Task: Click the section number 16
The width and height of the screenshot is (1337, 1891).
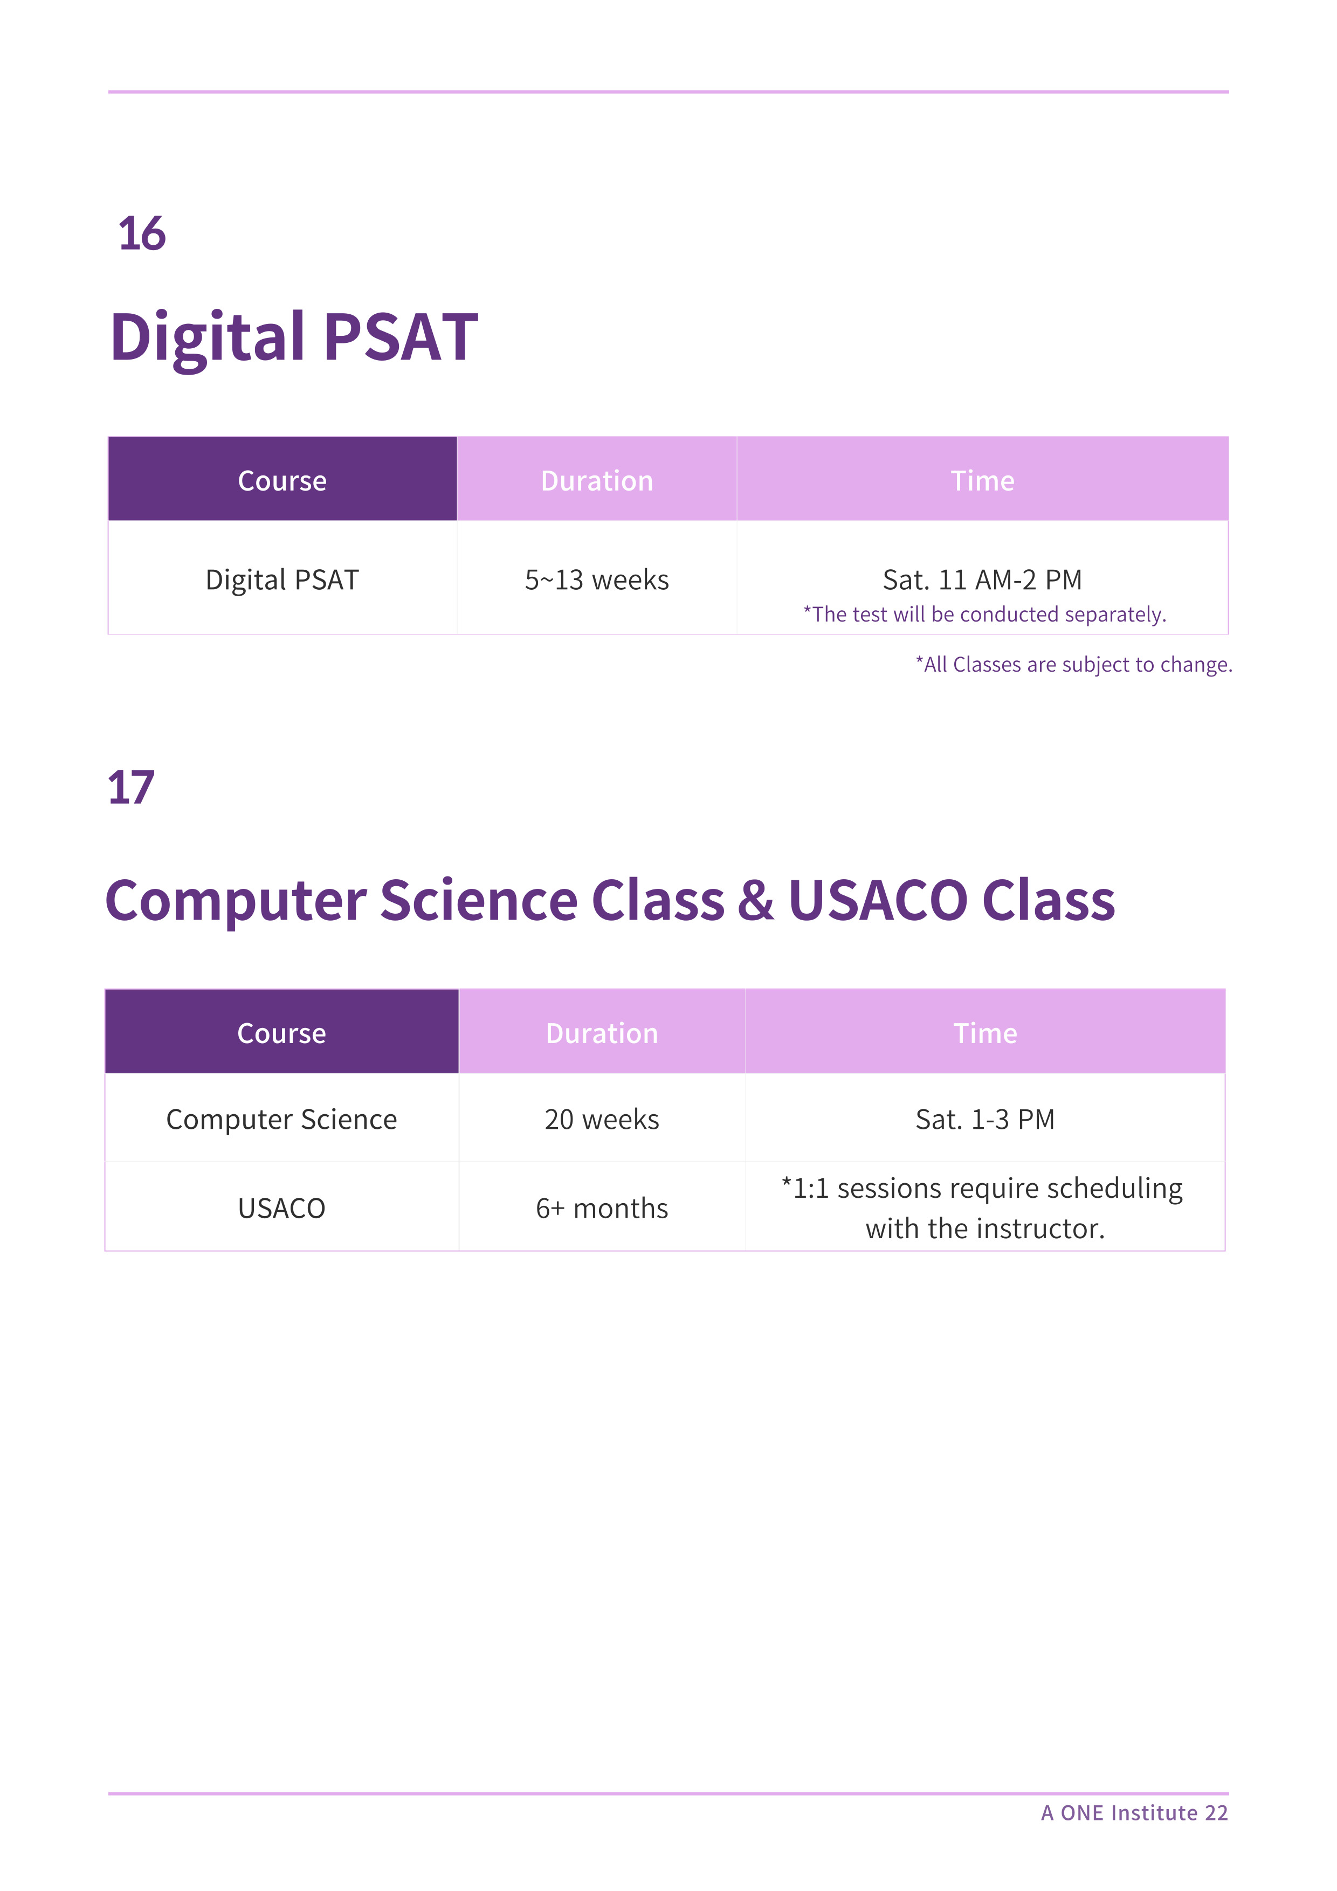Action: click(142, 234)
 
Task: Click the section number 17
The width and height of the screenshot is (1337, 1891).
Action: click(131, 788)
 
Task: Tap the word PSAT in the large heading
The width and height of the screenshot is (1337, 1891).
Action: click(401, 337)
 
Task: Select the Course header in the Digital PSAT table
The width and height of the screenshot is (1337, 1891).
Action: click(282, 481)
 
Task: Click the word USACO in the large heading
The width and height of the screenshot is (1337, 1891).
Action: click(878, 900)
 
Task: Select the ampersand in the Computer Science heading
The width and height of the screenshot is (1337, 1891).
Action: click(755, 900)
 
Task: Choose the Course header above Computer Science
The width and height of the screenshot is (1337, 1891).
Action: click(282, 1033)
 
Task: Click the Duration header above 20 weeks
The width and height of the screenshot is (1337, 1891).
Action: click(602, 1033)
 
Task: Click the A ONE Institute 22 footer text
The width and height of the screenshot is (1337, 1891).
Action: click(1134, 1813)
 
